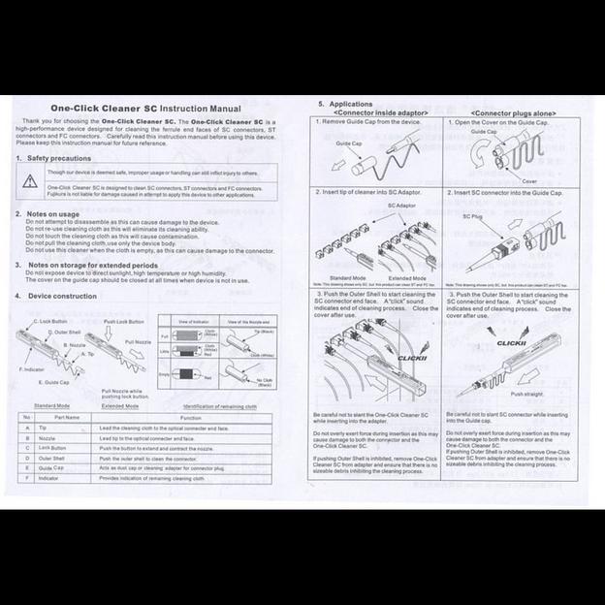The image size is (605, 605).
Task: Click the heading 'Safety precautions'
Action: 58,157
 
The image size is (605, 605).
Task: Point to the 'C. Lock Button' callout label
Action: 49,321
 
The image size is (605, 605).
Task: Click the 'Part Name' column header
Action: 67,417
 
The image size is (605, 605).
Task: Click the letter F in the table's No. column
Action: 26,478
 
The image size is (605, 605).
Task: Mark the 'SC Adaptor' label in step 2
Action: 401,207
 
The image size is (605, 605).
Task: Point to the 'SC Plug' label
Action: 472,216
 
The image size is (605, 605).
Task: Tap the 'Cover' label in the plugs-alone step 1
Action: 530,180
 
